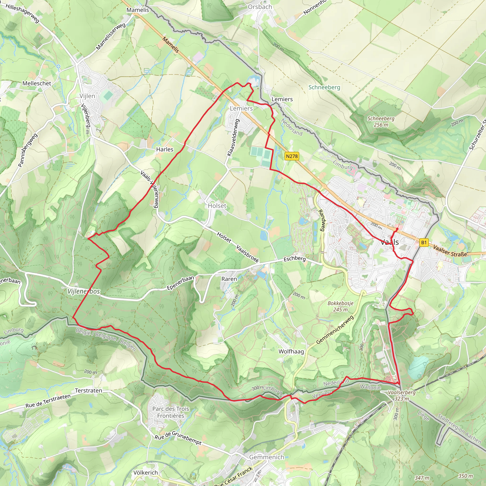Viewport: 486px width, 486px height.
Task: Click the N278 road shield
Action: coord(292,156)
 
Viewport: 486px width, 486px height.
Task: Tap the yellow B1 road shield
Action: coord(424,243)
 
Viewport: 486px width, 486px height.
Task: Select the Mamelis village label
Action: coord(138,10)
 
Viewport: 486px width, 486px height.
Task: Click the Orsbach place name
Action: coord(260,7)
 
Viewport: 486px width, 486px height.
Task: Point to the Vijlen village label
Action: coord(87,96)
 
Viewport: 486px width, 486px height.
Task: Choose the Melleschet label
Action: coord(37,83)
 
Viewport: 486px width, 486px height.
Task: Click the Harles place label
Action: coord(164,149)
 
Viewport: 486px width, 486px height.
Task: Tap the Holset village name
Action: coord(217,206)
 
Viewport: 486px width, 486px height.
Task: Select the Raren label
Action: coord(229,279)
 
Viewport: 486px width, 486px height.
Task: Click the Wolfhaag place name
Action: coord(291,351)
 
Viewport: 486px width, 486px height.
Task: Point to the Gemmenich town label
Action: coord(266,457)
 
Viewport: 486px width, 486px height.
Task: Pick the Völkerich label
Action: coord(145,473)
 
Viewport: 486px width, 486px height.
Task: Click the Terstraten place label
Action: coord(89,391)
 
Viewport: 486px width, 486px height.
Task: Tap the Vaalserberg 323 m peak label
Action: coord(402,395)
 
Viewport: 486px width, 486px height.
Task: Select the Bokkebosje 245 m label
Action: coord(340,306)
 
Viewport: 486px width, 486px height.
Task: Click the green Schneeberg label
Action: coord(324,87)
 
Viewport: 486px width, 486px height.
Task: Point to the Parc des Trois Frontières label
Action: coord(171,412)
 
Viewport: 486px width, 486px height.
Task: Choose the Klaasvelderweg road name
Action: coord(233,137)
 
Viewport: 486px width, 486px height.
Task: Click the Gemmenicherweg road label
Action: coord(335,330)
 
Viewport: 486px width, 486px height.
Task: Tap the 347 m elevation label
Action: coord(422,477)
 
